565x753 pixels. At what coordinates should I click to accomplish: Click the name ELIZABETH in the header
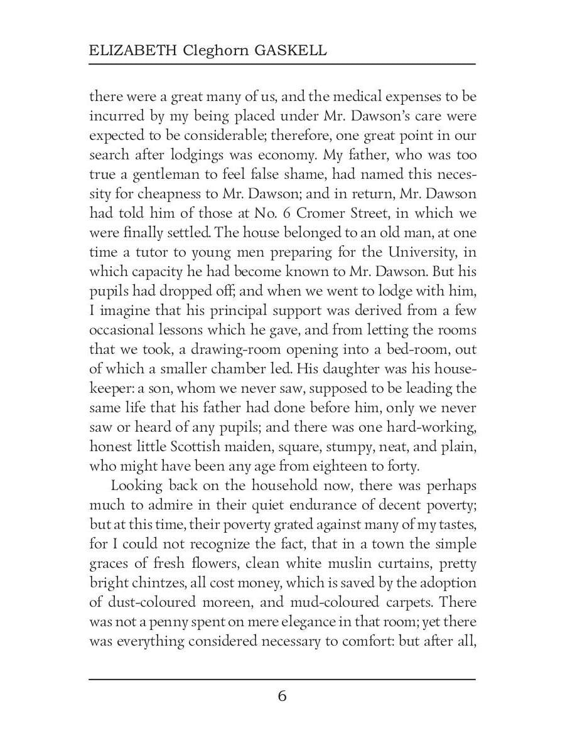(123, 51)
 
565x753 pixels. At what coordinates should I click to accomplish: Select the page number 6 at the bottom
(282, 697)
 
